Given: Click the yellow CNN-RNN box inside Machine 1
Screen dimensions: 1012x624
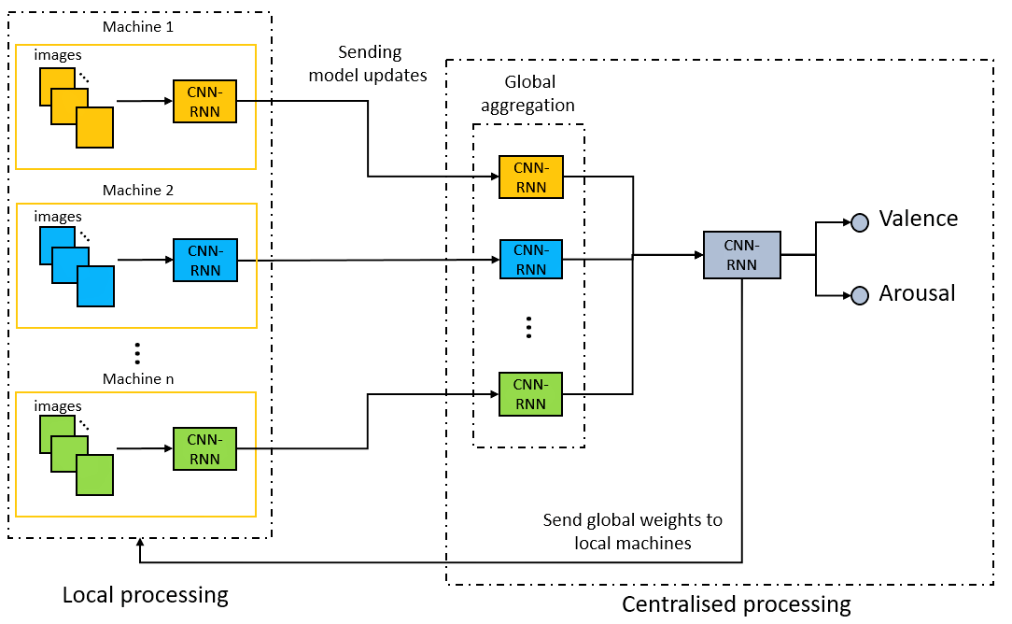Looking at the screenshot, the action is (x=204, y=102).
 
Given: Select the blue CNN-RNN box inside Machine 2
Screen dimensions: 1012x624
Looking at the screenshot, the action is (x=205, y=261).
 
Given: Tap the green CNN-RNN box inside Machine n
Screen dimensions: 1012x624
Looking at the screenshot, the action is (x=204, y=449).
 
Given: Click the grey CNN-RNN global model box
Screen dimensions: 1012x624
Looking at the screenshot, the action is (x=741, y=255).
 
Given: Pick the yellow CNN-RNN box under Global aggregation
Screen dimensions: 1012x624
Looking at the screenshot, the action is (x=530, y=177).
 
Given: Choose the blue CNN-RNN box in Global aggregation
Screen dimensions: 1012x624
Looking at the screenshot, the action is (x=530, y=259).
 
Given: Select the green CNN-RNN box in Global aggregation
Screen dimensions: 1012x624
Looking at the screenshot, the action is (x=530, y=394).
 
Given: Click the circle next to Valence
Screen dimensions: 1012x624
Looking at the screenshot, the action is (x=860, y=223).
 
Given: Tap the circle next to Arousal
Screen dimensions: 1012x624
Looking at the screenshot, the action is (x=860, y=296).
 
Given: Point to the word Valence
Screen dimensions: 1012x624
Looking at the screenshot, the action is (x=919, y=219).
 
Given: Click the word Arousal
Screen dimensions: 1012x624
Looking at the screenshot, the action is (x=917, y=293).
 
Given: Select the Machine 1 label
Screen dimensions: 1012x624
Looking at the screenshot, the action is (x=138, y=26).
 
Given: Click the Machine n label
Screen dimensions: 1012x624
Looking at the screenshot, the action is (x=138, y=378).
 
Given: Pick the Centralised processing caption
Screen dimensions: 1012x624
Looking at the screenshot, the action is (x=737, y=604).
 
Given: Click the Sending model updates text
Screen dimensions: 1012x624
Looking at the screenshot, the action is (x=368, y=64).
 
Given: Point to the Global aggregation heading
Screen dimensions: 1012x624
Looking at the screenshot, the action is (x=528, y=93).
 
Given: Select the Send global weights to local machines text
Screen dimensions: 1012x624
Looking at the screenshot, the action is (x=633, y=532).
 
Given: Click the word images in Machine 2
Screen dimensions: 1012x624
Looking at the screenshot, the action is (x=58, y=217).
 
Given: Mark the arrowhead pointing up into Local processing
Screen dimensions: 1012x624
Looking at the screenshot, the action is (x=140, y=544).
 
